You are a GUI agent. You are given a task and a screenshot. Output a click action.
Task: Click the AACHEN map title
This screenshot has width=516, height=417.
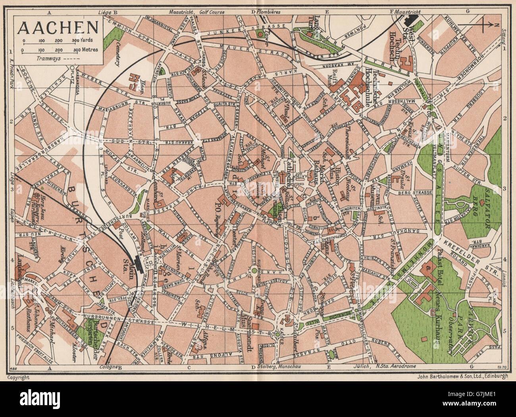click(58, 27)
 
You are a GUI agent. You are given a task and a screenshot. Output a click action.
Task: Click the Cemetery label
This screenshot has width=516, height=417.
click(118, 54)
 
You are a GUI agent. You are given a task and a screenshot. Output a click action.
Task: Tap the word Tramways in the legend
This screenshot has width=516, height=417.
click(47, 58)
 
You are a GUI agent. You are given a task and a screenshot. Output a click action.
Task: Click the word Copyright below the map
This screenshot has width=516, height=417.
click(19, 377)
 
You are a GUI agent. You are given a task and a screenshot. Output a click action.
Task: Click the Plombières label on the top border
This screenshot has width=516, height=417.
click(269, 12)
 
